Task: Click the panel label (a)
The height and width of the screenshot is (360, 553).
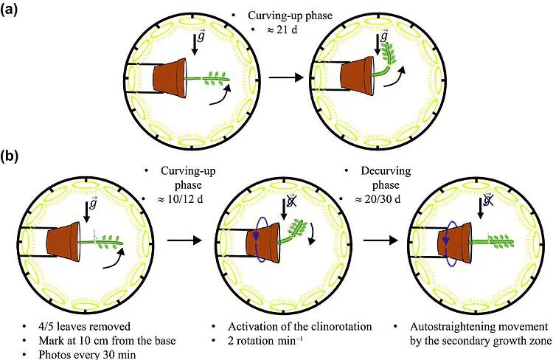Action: [8, 10]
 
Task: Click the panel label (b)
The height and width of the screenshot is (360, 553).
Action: [9, 156]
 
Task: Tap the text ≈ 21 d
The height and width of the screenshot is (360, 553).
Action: [282, 30]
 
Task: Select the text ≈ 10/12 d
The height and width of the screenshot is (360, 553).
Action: [180, 199]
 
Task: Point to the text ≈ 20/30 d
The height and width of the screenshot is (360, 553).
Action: [378, 199]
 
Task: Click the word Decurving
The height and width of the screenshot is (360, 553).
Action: [386, 171]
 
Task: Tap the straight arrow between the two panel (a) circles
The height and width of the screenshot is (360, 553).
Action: [286, 77]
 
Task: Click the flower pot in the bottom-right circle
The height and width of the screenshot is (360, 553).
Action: [454, 243]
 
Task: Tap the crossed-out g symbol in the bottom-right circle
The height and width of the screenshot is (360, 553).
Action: [488, 201]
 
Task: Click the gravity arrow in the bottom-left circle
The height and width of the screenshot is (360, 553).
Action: [86, 210]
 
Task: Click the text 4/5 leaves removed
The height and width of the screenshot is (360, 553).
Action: [84, 327]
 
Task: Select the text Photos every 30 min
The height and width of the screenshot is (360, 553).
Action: [87, 354]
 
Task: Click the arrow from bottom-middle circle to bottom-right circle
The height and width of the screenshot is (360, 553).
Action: [380, 240]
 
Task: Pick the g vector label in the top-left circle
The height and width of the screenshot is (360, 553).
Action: [201, 36]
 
